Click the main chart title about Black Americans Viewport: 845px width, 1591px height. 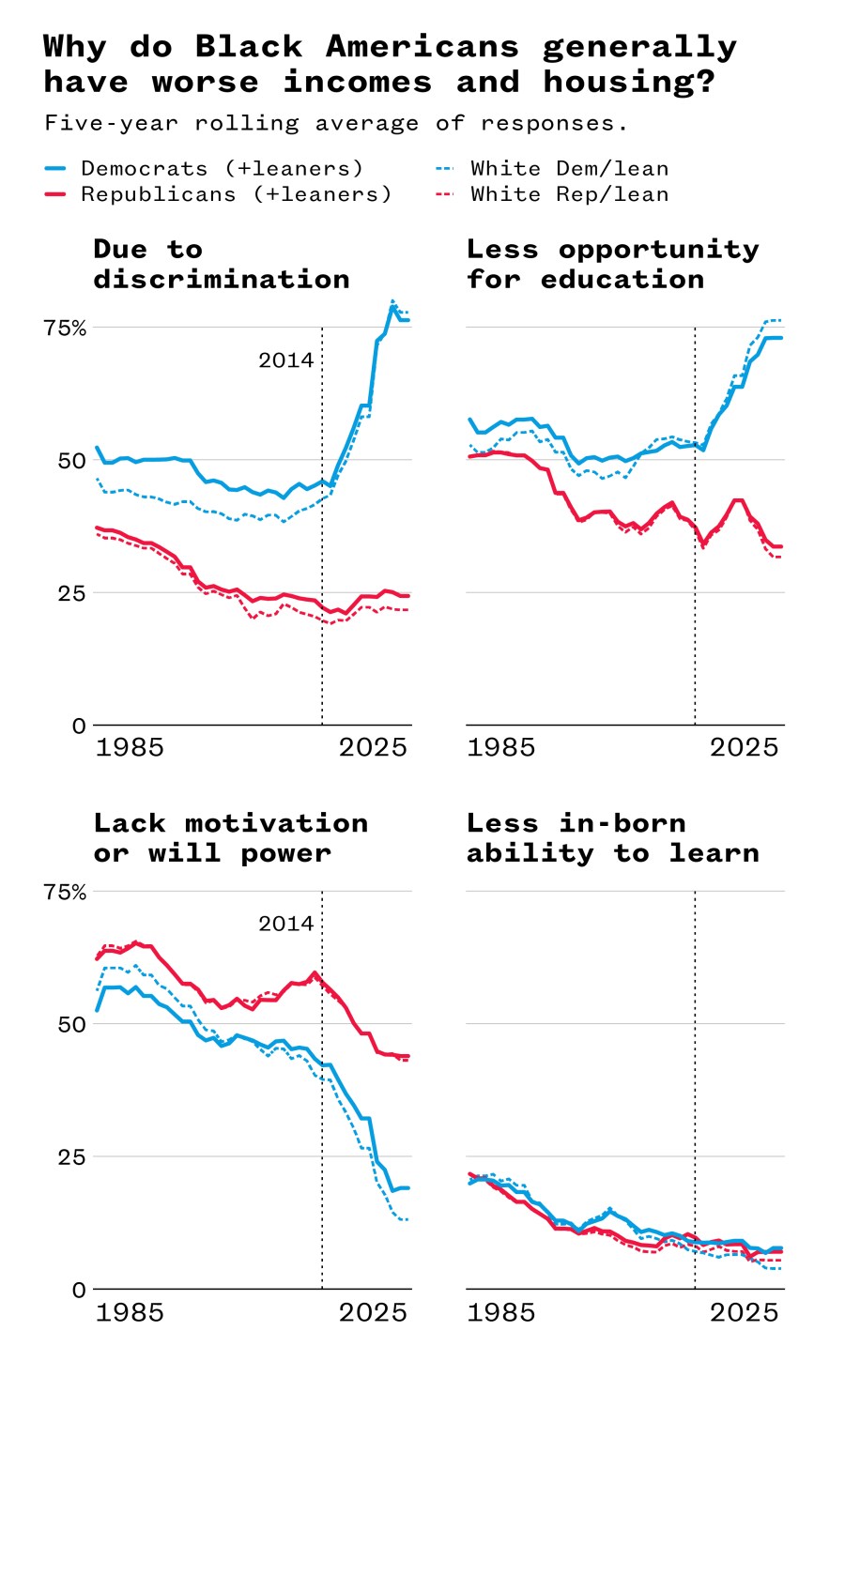click(390, 64)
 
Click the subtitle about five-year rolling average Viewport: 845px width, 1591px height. click(336, 123)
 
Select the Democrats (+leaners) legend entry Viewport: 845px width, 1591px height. click(222, 168)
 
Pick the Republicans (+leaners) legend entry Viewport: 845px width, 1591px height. click(236, 194)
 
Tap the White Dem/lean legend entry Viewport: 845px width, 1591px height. click(569, 168)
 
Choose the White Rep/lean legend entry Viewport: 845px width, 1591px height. click(569, 194)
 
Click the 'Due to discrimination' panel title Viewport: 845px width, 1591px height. click(221, 264)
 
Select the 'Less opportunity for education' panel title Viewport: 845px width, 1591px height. click(612, 264)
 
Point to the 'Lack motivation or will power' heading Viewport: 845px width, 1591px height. click(230, 837)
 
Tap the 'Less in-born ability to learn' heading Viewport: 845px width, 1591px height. click(612, 837)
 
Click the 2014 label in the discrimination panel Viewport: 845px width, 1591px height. click(285, 360)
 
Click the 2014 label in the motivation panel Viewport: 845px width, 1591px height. click(285, 924)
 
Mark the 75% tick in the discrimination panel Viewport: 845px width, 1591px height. click(65, 328)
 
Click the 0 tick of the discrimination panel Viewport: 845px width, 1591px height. click(79, 726)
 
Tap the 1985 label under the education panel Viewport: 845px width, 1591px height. click(500, 747)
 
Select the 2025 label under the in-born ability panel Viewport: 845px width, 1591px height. click(744, 1311)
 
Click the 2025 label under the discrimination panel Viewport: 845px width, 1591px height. click(373, 747)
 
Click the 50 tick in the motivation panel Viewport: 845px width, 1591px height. click(71, 1024)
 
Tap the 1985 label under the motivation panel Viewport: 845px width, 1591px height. click(130, 1311)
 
